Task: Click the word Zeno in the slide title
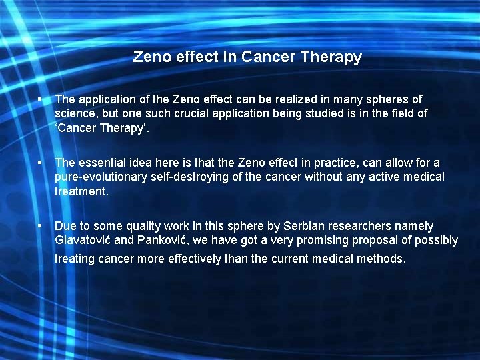click(151, 57)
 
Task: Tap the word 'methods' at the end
click(381, 259)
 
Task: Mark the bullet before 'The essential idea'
click(41, 163)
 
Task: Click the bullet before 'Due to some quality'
click(41, 226)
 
